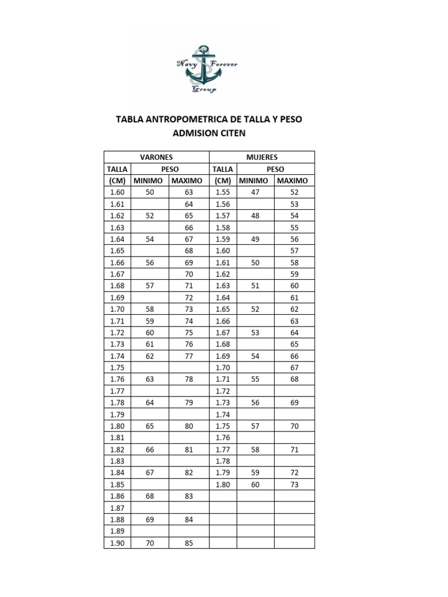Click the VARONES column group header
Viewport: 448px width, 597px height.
[156, 157]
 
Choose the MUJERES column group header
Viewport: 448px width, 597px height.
[262, 157]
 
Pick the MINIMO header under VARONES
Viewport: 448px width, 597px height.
[149, 181]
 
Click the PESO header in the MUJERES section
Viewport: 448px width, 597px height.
[275, 169]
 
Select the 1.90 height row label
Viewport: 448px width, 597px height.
[117, 543]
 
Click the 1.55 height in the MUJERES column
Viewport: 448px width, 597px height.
[223, 192]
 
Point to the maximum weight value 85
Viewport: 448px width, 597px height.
[188, 543]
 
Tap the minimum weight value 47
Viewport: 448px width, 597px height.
[255, 192]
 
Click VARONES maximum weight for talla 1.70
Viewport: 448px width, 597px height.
[188, 309]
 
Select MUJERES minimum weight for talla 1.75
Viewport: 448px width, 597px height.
[255, 426]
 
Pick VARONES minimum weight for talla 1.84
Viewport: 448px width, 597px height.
[149, 473]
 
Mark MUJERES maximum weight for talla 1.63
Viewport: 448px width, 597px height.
[294, 286]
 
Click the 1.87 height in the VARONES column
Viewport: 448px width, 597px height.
[117, 508]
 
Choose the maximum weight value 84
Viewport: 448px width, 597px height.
[188, 519]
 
